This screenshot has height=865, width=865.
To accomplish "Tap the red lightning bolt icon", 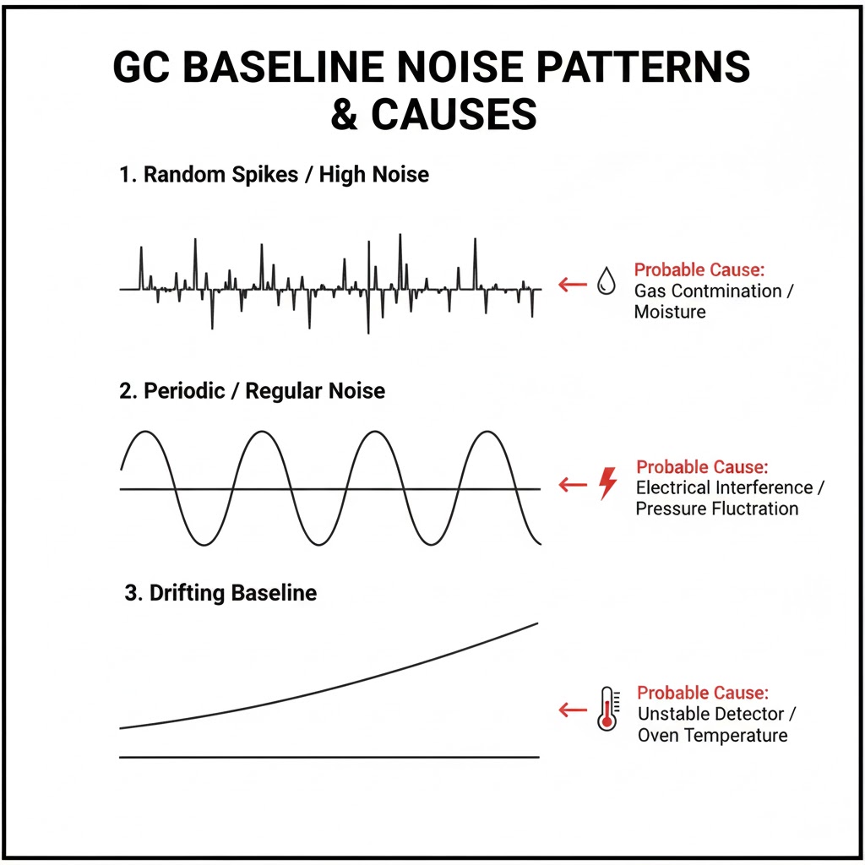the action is click(608, 483).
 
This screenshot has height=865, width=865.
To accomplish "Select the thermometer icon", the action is click(607, 709).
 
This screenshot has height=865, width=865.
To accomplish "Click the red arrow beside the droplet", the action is click(573, 285).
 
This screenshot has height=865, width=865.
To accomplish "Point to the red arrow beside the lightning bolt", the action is click(573, 485).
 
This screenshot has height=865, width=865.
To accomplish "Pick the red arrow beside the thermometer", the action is click(573, 710).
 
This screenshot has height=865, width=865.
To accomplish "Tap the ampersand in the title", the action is click(345, 114).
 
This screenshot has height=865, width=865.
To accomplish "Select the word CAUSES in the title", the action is click(454, 114).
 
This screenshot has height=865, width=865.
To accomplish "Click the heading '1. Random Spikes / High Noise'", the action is click(275, 174).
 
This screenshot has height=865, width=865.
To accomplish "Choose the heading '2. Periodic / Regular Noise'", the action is click(252, 390).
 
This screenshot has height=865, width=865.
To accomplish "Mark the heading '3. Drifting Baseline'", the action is click(220, 593).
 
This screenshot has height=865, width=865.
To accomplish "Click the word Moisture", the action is click(670, 312).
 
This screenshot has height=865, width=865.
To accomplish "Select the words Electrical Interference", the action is click(724, 487).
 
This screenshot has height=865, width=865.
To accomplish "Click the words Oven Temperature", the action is click(713, 736).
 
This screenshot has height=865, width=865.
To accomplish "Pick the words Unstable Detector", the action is click(711, 714).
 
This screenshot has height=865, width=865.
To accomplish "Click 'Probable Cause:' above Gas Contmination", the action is click(699, 269).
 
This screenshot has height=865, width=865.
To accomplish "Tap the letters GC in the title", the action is click(141, 67).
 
